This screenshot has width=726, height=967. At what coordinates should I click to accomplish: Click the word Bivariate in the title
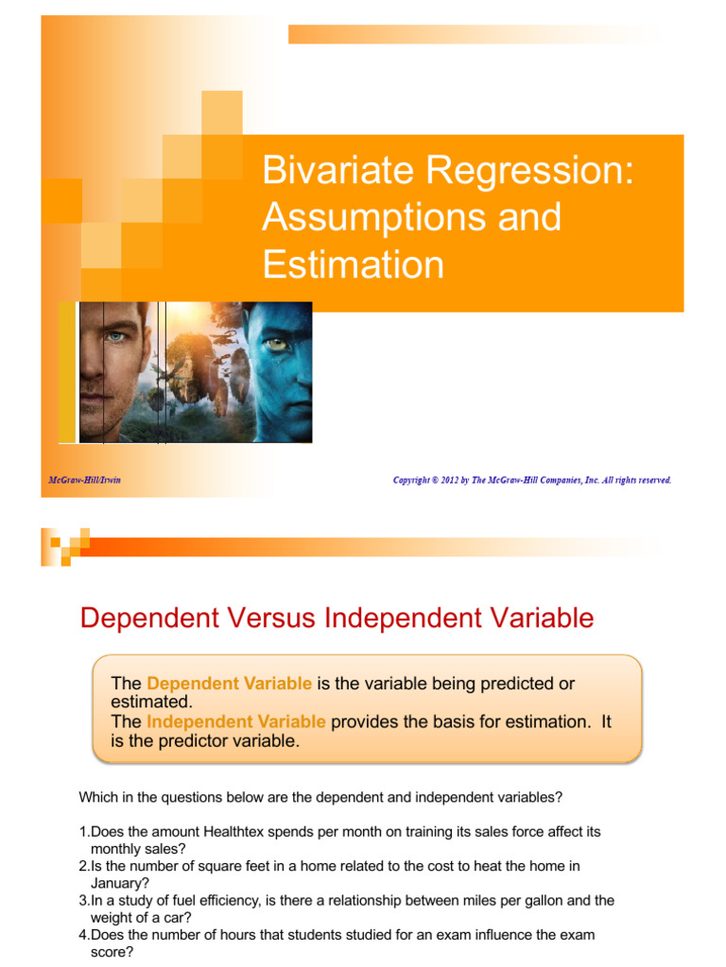(x=337, y=172)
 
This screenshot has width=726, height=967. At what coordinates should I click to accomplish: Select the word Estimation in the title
(x=353, y=265)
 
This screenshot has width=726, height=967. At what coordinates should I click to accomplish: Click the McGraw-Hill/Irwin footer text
(x=85, y=481)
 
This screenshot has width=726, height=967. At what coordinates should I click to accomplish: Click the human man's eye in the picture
(x=115, y=335)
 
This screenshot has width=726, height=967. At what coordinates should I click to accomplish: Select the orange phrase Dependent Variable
(x=229, y=683)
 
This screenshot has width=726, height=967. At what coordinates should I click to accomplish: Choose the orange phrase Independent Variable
(x=235, y=721)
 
